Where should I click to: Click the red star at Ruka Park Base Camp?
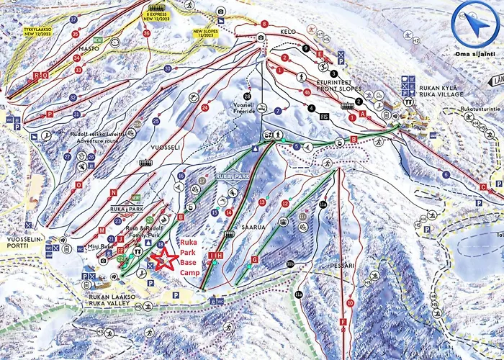167,259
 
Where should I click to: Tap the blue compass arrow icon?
474,24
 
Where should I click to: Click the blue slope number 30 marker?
168,68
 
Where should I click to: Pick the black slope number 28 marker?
247,96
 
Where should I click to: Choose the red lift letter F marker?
344,321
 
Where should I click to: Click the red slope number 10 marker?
350,303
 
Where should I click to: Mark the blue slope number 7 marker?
278,110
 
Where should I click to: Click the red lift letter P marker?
50,114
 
